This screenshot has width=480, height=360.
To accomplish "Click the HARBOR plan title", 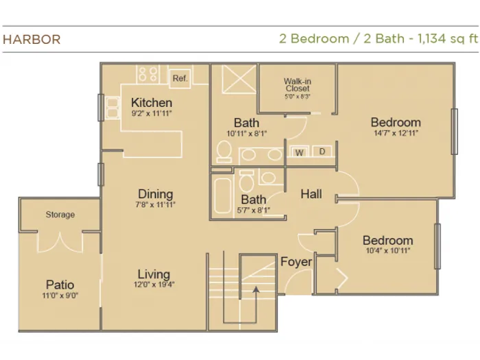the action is click(32, 40).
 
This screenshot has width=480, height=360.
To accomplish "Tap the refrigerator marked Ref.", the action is click(180, 78).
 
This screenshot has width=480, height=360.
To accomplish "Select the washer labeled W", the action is click(299, 152).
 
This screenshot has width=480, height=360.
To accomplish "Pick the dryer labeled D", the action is click(322, 152).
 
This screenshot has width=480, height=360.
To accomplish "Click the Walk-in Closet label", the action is click(297, 85).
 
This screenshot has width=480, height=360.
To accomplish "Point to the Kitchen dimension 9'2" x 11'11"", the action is click(152, 114).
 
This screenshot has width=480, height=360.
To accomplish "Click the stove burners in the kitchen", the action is click(147, 74).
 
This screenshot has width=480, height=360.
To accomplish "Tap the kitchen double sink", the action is click(112, 108).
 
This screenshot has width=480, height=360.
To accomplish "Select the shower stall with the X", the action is click(239, 79).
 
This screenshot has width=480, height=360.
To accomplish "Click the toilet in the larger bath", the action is click(224, 152).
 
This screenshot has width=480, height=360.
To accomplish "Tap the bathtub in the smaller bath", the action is click(222, 195).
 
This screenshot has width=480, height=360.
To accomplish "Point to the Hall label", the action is click(311, 194).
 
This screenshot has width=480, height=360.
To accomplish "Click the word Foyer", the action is click(296, 262).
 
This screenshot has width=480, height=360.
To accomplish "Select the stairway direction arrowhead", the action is click(256, 289).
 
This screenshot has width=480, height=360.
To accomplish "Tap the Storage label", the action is click(60, 215).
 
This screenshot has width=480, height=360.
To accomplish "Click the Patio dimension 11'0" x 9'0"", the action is click(60, 296).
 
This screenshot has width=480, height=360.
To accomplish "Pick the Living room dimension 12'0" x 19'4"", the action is click(154, 285).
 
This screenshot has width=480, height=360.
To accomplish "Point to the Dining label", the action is click(156, 194).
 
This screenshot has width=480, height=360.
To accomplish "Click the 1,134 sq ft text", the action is click(448, 38).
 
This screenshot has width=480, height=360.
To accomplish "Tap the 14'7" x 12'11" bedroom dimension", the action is click(396, 133).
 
